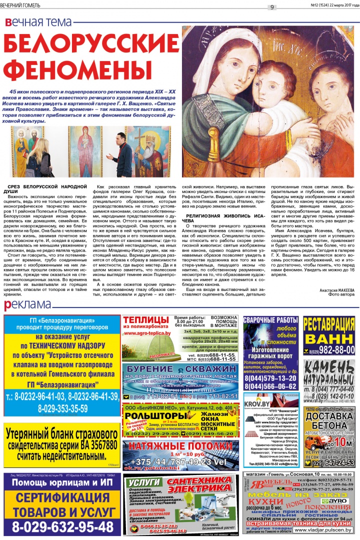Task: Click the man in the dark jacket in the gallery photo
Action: tap(121, 155)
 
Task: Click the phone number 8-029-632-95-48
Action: tap(63, 526)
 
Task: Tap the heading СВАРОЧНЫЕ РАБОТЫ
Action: tap(270, 320)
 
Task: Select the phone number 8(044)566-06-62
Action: tap(270, 385)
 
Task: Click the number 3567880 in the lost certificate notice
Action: tap(92, 445)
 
